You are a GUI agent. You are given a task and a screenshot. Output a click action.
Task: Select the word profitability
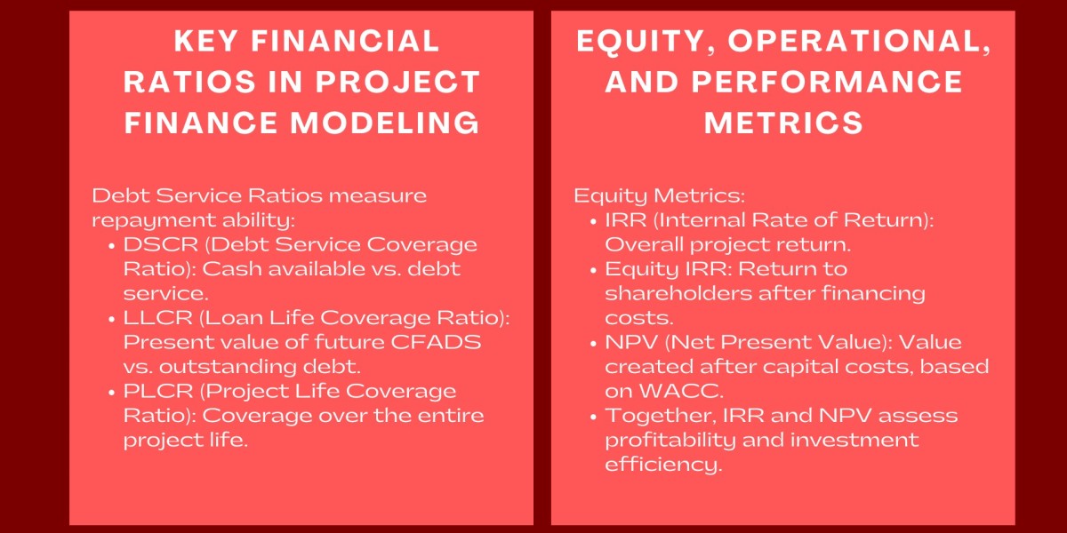pyautogui.click(x=667, y=440)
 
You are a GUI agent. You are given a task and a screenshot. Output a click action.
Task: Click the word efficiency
pyautogui.click(x=662, y=465)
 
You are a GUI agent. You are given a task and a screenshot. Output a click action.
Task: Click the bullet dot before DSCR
pyautogui.click(x=112, y=245)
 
